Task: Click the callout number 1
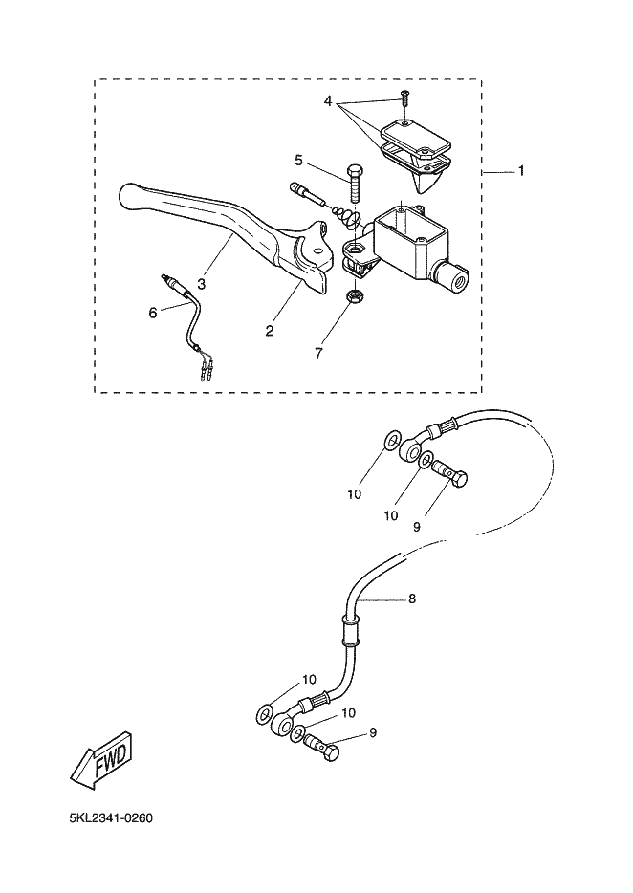pyautogui.click(x=521, y=171)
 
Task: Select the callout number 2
pyautogui.click(x=271, y=330)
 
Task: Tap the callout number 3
pyautogui.click(x=202, y=283)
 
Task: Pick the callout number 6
pyautogui.click(x=152, y=312)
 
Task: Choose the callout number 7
pyautogui.click(x=319, y=353)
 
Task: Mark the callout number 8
pyautogui.click(x=412, y=599)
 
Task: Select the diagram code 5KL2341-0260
pyautogui.click(x=111, y=818)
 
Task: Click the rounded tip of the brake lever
pyautogui.click(x=131, y=196)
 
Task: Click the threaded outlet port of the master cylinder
pyautogui.click(x=452, y=277)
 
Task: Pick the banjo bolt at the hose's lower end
pyautogui.click(x=322, y=750)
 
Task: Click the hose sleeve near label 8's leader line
pyautogui.click(x=350, y=631)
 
